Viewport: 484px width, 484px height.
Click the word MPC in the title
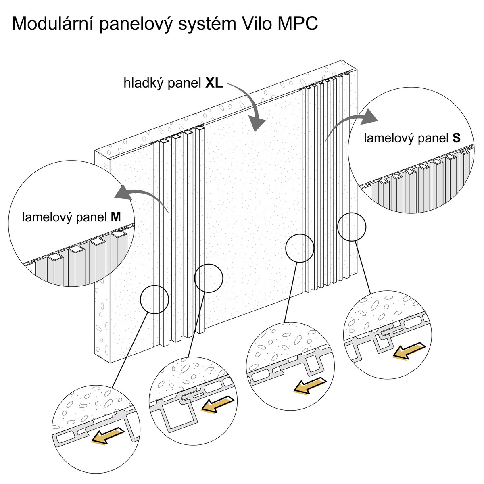[298, 24]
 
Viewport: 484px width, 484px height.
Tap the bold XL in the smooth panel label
[214, 83]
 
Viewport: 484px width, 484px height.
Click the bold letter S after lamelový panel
[456, 138]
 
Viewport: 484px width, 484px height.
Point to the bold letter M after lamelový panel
[116, 218]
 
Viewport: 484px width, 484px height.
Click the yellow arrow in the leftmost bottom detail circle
[106, 436]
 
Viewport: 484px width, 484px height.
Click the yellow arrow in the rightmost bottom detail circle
[407, 350]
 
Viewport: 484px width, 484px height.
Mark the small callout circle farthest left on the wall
[154, 299]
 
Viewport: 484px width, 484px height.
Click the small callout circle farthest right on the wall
[352, 227]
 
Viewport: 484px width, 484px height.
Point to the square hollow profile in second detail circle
[179, 415]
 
